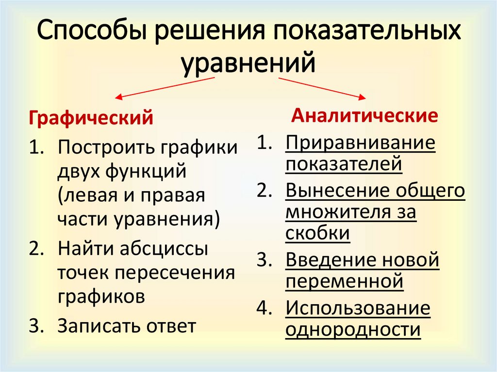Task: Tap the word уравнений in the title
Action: tap(248, 64)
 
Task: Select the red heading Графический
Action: tap(92, 117)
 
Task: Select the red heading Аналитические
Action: tap(364, 115)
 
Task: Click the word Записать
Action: tap(99, 325)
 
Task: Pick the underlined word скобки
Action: tap(317, 233)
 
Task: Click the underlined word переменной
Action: tap(344, 281)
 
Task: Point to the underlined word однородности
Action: tap(353, 329)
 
